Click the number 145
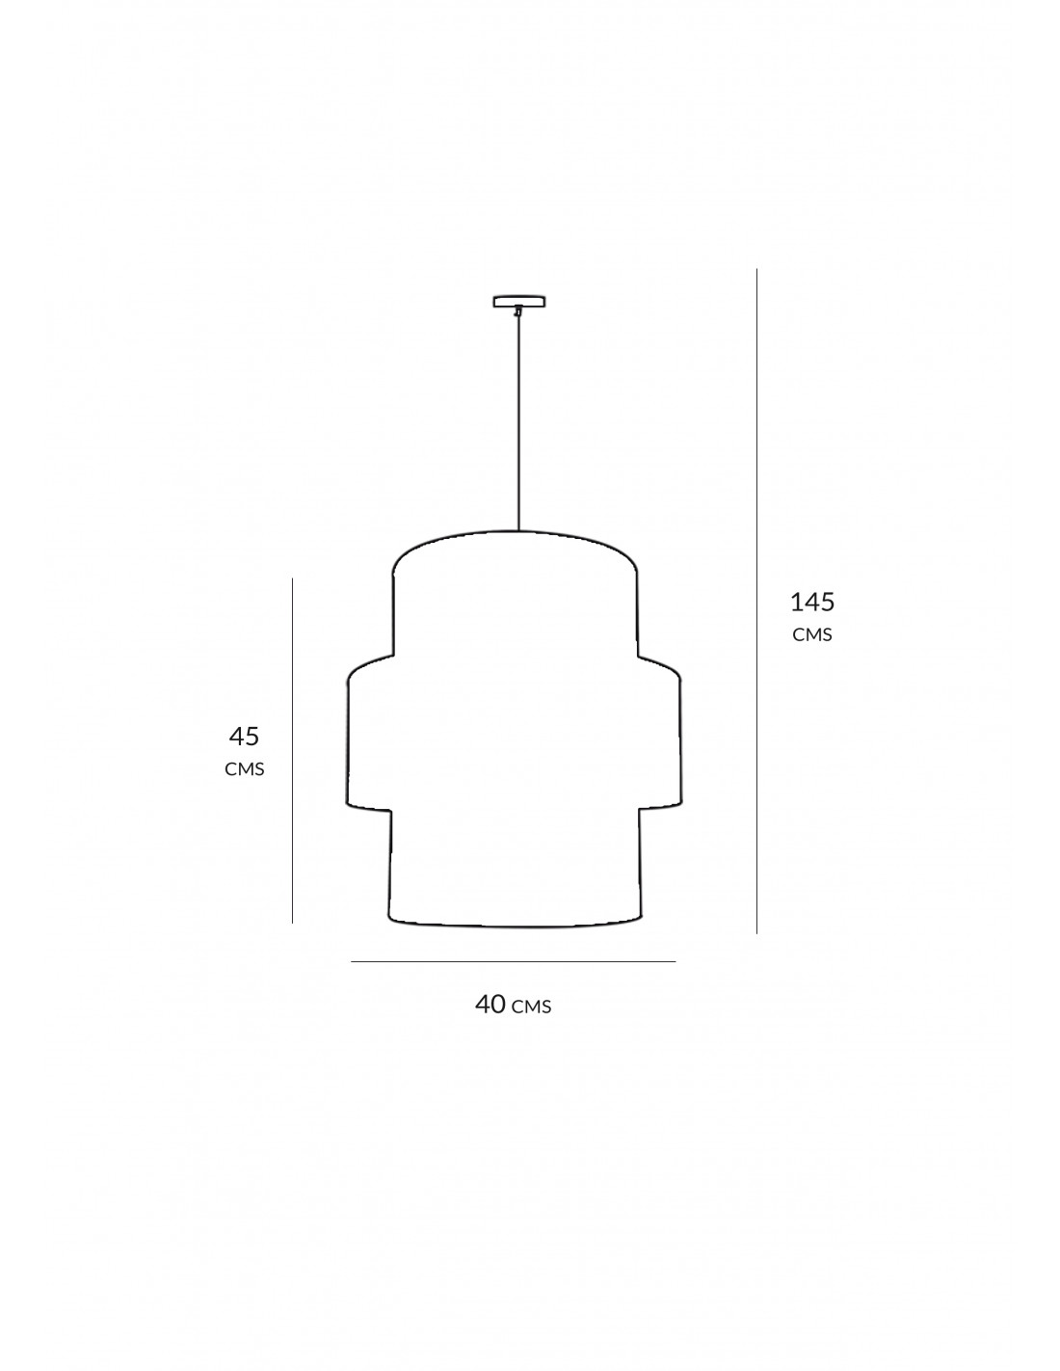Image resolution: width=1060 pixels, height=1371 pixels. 812,602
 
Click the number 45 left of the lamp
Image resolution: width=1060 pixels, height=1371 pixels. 244,737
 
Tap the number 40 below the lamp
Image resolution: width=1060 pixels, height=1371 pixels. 490,1004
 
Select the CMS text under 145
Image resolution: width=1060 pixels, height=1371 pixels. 812,634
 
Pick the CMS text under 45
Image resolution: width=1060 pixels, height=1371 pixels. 244,769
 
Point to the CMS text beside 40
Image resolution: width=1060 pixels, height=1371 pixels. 531,1007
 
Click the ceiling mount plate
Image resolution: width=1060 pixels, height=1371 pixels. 519,302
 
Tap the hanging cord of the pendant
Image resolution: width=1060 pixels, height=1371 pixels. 518,421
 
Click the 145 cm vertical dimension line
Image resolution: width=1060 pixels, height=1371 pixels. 756,601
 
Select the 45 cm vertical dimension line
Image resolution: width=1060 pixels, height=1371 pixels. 293,750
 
